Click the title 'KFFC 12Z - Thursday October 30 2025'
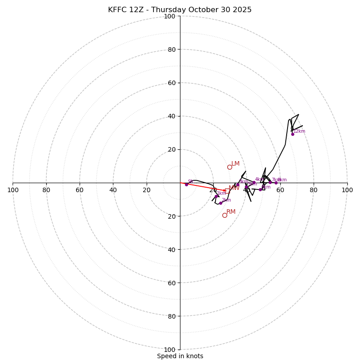180,10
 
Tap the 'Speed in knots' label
180,356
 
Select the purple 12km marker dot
292,134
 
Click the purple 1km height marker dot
216,196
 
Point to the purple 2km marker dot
220,203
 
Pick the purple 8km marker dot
276,183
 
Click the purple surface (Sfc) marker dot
186,184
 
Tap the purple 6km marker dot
260,189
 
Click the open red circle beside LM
229,167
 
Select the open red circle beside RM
225,215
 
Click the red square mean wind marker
227,191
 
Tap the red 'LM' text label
235,164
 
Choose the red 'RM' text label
231,211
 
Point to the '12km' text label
299,131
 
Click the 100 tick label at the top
170,16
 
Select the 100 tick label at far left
13,190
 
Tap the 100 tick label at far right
347,190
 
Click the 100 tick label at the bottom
170,349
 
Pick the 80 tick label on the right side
314,190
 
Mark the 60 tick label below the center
171,283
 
